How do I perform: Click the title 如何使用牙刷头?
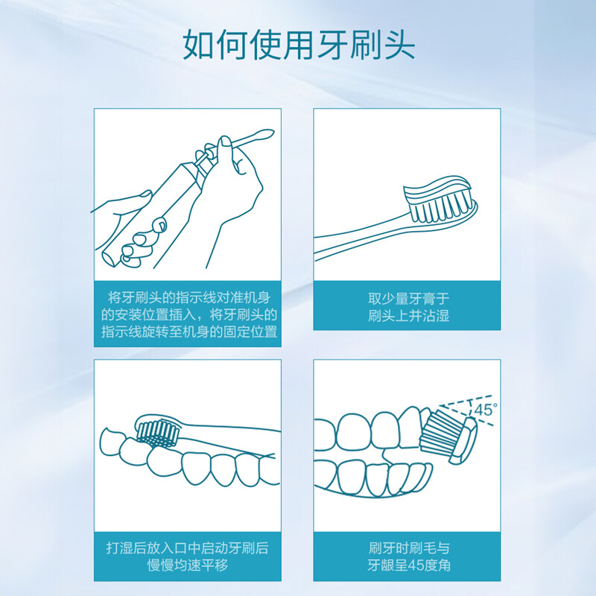pyautogui.click(x=299, y=45)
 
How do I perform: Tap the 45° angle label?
pyautogui.click(x=486, y=410)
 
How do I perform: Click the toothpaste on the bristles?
pyautogui.click(x=437, y=189)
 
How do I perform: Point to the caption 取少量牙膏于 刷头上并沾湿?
pyautogui.click(x=408, y=307)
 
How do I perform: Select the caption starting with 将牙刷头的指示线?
pyautogui.click(x=189, y=314)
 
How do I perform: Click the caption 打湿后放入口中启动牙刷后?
pyautogui.click(x=188, y=548)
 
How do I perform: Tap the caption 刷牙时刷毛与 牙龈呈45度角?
pyautogui.click(x=408, y=557)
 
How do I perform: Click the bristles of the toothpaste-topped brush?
pyautogui.click(x=441, y=206)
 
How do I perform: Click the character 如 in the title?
pyautogui.click(x=198, y=45)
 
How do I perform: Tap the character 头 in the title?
pyautogui.click(x=399, y=45)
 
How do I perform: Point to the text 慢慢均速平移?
pyautogui.click(x=188, y=565)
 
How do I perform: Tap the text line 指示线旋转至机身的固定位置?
pyautogui.click(x=189, y=332)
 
